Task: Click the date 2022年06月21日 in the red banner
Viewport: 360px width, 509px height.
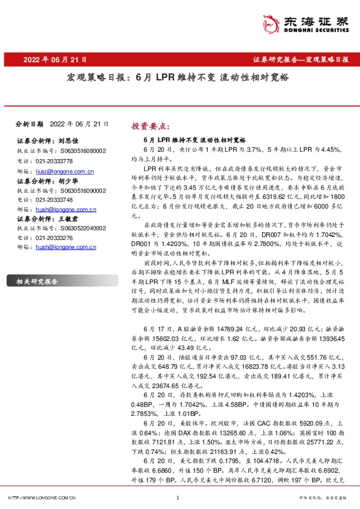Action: point(55,60)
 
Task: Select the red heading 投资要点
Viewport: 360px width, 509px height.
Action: point(151,126)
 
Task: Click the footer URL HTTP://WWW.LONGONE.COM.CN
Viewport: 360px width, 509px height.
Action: point(41,498)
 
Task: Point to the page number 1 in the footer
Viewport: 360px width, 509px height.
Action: point(177,498)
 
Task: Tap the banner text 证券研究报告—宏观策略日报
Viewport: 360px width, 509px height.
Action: point(300,60)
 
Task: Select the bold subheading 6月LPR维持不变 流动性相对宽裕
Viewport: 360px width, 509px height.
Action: point(182,139)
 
